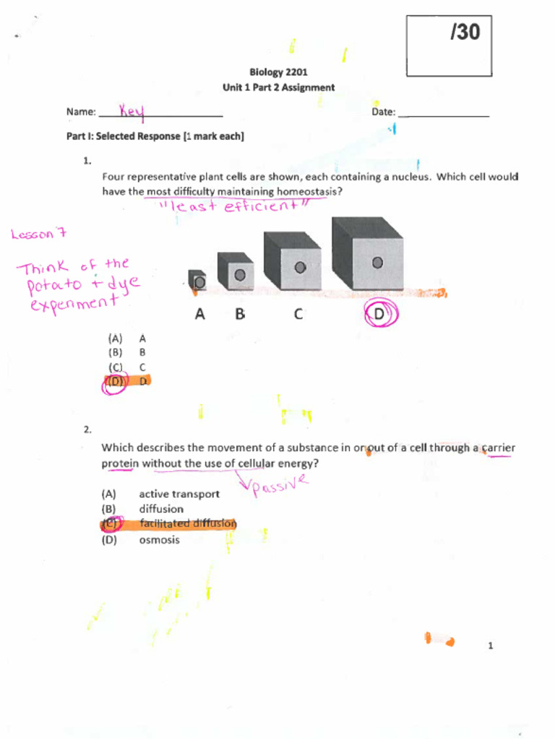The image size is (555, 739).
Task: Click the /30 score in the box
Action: click(465, 32)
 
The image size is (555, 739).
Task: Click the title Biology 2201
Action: click(279, 72)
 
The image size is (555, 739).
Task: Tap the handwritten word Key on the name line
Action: click(132, 112)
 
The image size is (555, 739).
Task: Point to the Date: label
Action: click(384, 112)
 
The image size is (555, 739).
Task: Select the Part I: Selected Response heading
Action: click(155, 136)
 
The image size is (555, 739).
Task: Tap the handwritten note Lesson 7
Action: click(39, 233)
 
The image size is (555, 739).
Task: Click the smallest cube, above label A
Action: click(197, 280)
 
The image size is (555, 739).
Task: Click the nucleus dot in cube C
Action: click(300, 267)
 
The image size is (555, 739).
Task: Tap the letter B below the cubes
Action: click(240, 315)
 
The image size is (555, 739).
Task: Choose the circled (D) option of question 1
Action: click(115, 382)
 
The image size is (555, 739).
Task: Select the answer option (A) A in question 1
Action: click(127, 338)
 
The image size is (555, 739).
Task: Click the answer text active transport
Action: click(179, 494)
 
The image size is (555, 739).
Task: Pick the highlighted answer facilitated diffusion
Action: click(188, 524)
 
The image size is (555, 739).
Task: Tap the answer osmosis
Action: click(159, 540)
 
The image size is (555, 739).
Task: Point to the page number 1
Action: click(490, 646)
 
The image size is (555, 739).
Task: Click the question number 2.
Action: click(87, 429)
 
